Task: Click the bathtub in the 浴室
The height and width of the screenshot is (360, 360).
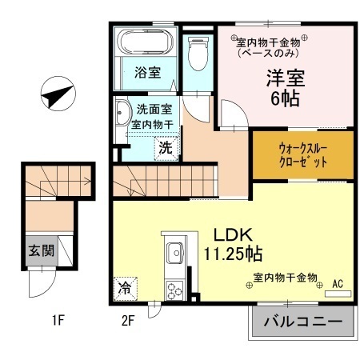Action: point(145,42)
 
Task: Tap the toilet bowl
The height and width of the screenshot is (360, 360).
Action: point(198,54)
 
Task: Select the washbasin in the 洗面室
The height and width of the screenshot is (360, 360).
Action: point(122,113)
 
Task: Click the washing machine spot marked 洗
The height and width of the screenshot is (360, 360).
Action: point(166,148)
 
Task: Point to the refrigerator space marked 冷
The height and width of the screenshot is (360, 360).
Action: point(125,289)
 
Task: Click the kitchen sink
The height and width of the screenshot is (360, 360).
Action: point(175,253)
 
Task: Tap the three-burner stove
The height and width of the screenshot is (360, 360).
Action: point(174,290)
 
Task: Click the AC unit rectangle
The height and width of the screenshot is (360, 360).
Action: point(338,294)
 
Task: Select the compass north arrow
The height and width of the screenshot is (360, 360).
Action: point(58,94)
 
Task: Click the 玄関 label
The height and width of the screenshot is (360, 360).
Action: point(42,250)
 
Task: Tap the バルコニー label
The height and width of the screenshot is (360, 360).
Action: point(303,322)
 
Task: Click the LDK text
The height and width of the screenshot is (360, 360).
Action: point(233,235)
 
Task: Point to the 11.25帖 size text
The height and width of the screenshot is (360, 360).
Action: point(233,254)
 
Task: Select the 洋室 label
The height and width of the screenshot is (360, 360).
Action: point(286,78)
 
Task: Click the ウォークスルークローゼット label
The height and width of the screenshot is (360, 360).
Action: point(303,155)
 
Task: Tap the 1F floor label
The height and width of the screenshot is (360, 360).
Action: point(58,320)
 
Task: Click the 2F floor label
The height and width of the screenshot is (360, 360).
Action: point(128,320)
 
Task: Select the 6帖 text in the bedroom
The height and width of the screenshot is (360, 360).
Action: point(285,98)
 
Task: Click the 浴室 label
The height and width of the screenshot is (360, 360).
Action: point(148,72)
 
